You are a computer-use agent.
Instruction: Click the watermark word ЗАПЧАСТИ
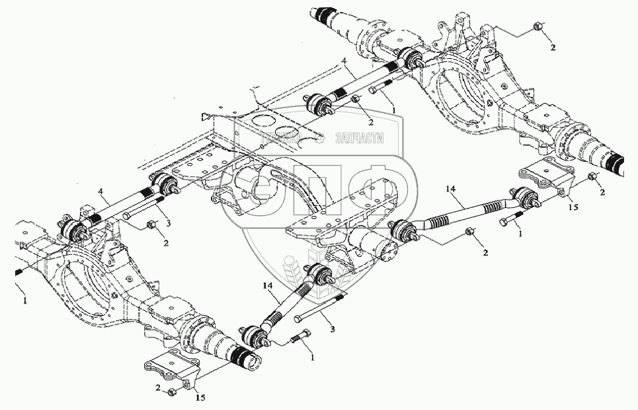pyautogui.click(x=360, y=137)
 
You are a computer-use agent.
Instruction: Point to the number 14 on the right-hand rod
pyautogui.click(x=450, y=189)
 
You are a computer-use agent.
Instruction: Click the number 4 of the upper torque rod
pyautogui.click(x=344, y=61)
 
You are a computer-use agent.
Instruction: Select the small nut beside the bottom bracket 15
pyautogui.click(x=172, y=393)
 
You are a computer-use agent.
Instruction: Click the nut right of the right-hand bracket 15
pyautogui.click(x=592, y=176)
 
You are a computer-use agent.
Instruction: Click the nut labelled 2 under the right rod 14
pyautogui.click(x=470, y=231)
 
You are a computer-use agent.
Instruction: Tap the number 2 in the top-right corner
pyautogui.click(x=553, y=47)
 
